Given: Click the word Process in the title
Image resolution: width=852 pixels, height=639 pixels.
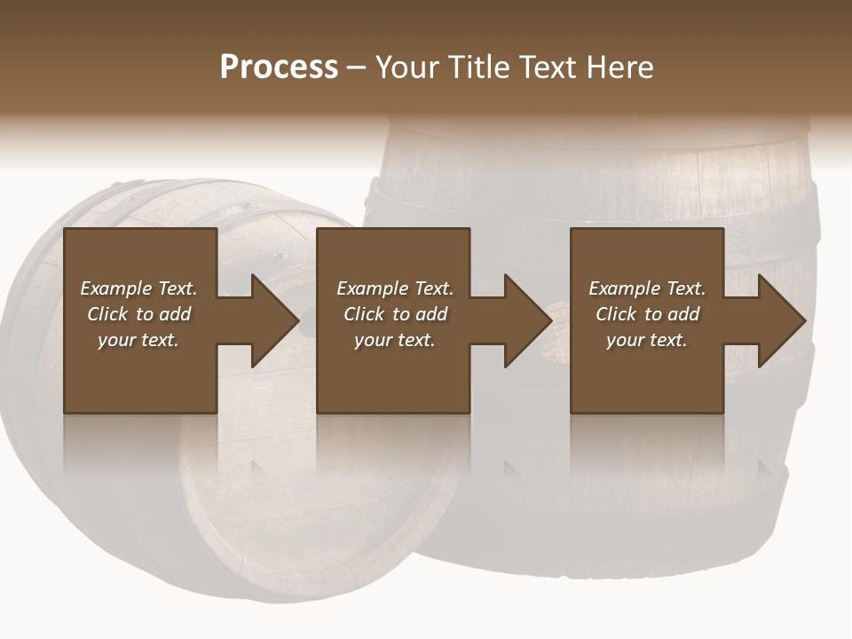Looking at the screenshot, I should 279,67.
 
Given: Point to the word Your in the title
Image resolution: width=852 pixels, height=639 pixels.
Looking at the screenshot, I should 410,67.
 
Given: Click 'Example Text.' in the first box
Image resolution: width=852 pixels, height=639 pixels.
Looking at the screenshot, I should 138,288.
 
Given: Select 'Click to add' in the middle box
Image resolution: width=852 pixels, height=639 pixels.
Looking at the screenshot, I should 395,314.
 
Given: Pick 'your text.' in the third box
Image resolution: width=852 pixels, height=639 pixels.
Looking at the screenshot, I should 646,340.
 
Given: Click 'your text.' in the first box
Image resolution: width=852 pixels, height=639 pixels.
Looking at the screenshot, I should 138,340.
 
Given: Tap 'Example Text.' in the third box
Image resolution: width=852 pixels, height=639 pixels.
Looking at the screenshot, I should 647,288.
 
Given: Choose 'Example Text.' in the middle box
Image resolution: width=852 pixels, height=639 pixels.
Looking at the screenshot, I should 395,288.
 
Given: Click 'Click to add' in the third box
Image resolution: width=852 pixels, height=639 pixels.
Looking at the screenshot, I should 647,314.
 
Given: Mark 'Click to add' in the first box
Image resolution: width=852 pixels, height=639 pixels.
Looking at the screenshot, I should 138,314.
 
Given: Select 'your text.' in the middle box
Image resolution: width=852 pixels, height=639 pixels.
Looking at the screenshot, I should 394,340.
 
